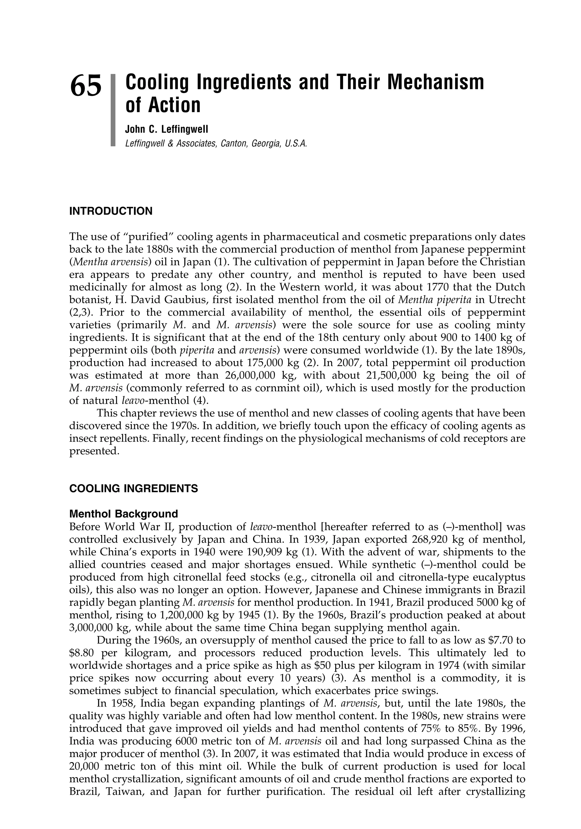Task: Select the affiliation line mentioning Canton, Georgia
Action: coord(216,143)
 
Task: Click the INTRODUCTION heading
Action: coord(111,211)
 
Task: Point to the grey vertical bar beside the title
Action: coord(112,110)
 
